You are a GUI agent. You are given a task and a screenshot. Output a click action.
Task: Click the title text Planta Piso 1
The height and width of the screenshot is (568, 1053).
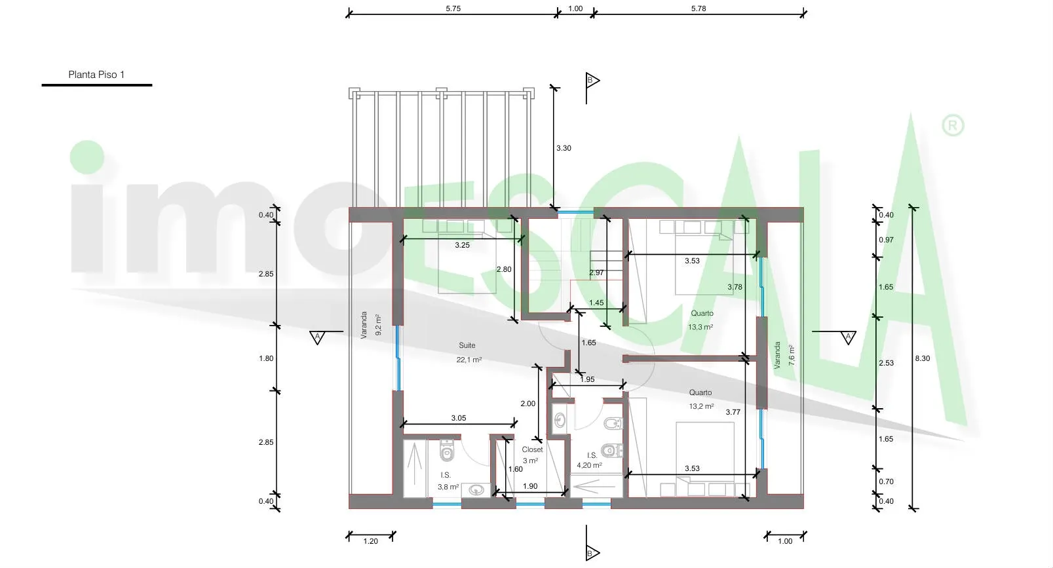pos(96,75)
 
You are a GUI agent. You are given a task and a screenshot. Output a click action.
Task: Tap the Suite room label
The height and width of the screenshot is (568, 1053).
pos(467,345)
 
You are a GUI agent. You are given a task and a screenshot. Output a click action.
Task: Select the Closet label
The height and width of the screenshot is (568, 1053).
pos(532,449)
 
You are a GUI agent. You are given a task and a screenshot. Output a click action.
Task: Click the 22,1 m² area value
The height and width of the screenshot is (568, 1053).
pos(469,360)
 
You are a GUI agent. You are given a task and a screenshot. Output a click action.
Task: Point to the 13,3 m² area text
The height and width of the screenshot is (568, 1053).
pos(700,327)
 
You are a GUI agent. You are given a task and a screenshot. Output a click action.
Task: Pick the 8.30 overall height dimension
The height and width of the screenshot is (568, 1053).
pos(923,358)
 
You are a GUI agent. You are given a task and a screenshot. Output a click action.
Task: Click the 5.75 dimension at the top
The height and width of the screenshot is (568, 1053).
pos(453,9)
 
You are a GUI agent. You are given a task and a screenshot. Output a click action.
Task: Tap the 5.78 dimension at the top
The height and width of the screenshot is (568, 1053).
pos(699,9)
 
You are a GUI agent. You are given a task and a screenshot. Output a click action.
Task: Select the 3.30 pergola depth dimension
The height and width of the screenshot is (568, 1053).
pos(564,148)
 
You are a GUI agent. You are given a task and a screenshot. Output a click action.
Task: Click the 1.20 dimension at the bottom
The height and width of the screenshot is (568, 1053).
pos(370,541)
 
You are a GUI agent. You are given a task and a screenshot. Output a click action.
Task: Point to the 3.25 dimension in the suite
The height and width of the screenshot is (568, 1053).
pos(462,245)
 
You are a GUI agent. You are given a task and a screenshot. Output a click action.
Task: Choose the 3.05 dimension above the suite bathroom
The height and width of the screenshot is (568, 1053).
pos(458,418)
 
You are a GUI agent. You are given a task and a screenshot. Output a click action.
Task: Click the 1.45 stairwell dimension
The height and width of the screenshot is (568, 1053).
pos(596,303)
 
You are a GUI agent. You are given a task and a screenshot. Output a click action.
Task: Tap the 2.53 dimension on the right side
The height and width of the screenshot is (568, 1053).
pos(886,363)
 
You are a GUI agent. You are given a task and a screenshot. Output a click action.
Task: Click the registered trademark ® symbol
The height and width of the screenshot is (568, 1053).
pos(953,125)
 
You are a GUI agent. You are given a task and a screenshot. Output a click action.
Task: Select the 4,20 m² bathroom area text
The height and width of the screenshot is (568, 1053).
pos(589,466)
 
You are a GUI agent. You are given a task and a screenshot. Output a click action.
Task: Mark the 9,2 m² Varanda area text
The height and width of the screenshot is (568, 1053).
pos(379,325)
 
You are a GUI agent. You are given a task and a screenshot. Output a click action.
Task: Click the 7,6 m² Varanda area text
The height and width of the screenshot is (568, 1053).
pos(792,356)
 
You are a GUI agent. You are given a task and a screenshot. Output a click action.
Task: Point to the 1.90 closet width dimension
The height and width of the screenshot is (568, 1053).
pos(530,486)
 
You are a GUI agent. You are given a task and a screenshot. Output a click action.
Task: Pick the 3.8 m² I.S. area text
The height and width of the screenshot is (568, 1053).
pos(448,487)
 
